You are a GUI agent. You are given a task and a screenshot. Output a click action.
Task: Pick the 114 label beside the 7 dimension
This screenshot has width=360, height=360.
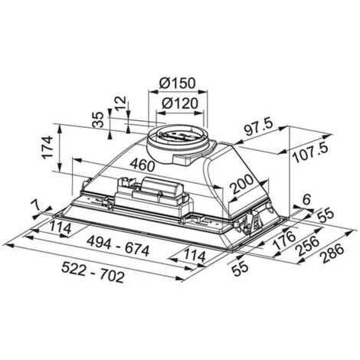tap(62, 228)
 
